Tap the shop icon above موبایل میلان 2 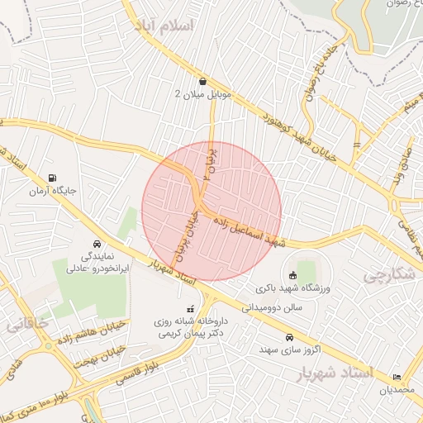[203, 81]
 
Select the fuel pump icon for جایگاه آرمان [54, 177]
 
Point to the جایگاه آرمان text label [54, 191]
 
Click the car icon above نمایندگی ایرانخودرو [97, 245]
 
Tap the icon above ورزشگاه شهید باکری [292, 276]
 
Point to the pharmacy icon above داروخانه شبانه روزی [192, 308]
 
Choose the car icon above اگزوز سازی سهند [290, 337]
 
